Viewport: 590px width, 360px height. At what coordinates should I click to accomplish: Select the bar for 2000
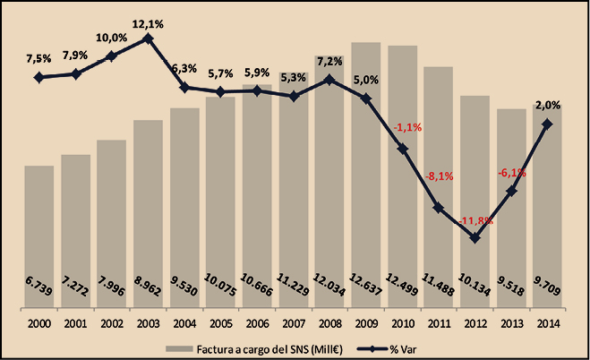click(39, 233)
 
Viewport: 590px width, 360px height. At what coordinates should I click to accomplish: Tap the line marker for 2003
click(149, 38)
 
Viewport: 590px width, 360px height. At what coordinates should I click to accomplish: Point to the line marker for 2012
click(475, 238)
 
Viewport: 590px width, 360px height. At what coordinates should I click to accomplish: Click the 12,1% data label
click(149, 21)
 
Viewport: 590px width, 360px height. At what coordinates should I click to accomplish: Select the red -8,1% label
click(440, 176)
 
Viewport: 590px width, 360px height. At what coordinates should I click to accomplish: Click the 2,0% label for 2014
click(549, 105)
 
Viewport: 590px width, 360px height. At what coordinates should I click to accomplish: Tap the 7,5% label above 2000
click(39, 60)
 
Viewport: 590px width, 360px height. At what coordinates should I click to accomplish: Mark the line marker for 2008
click(329, 80)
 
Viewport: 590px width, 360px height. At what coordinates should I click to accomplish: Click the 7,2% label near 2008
click(329, 61)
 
